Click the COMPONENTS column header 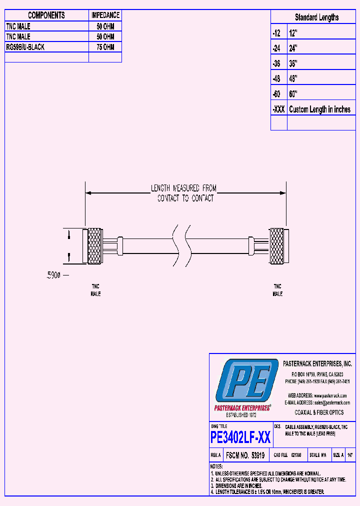pyautogui.click(x=46, y=15)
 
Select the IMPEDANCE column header pyautogui.click(x=105, y=15)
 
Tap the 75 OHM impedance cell pyautogui.click(x=105, y=47)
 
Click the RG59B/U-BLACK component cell pyautogui.click(x=25, y=47)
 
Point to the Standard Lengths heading pyautogui.click(x=316, y=17)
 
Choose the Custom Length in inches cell pyautogui.click(x=319, y=109)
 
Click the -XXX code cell pyautogui.click(x=278, y=109)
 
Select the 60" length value pyautogui.click(x=293, y=94)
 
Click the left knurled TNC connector pyautogui.click(x=94, y=246)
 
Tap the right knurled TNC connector pyautogui.click(x=276, y=246)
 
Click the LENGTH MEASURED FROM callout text pyautogui.click(x=184, y=188)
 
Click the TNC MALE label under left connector pyautogui.click(x=95, y=290)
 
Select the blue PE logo pyautogui.click(x=245, y=381)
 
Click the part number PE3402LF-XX pyautogui.click(x=240, y=438)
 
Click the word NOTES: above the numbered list pyautogui.click(x=217, y=466)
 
